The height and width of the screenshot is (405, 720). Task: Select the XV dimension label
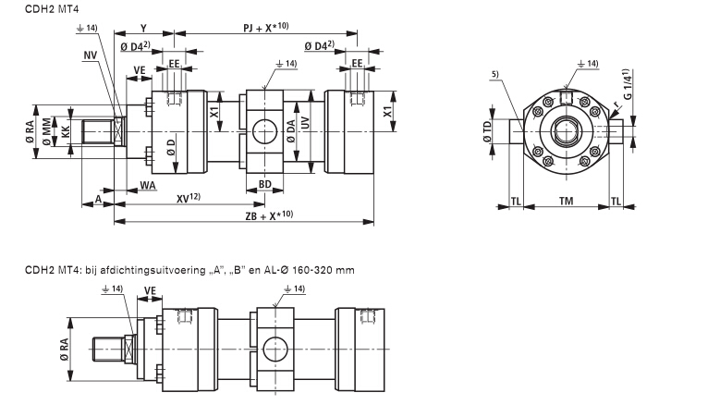click(x=189, y=199)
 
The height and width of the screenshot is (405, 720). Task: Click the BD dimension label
click(x=264, y=185)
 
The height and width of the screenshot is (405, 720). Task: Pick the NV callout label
click(x=89, y=55)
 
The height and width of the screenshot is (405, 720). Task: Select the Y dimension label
click(x=142, y=28)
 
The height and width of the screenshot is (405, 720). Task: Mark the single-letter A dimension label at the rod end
click(x=98, y=199)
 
